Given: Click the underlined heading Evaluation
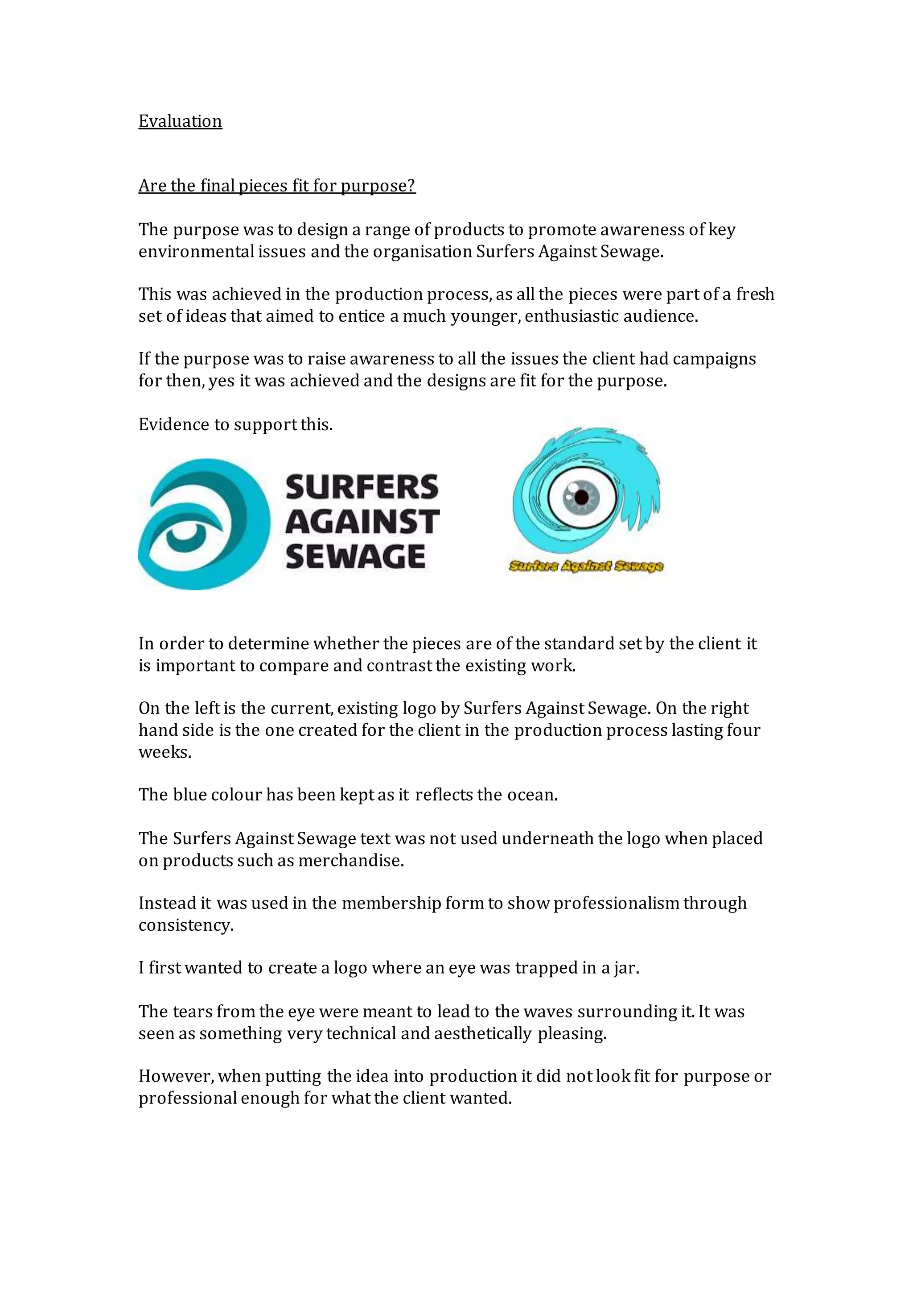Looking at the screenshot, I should (180, 121).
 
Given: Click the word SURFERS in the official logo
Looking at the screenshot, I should (362, 488).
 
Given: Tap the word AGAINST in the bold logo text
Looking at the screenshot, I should (362, 522).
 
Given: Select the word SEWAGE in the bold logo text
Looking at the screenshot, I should (355, 556).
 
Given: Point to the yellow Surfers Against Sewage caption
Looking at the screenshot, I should (586, 566).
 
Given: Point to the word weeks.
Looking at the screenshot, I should (165, 752).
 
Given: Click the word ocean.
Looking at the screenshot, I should (532, 795).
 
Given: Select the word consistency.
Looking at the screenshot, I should (186, 925).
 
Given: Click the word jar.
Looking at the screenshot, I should (627, 968).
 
